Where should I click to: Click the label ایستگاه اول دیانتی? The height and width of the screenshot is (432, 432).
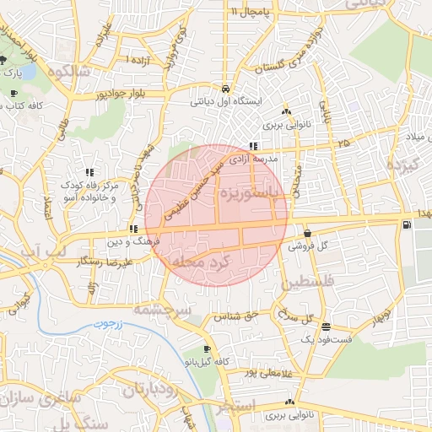pos(225,101)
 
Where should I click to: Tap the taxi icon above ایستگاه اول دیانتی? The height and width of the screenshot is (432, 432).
pos(225,89)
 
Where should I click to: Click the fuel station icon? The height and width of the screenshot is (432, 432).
pos(408,224)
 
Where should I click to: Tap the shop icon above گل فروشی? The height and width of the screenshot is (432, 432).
pos(306,233)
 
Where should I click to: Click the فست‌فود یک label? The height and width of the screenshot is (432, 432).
pos(326,339)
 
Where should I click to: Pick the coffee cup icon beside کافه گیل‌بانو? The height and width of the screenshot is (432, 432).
pos(208,348)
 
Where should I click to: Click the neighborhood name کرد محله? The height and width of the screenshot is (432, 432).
pos(200,262)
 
